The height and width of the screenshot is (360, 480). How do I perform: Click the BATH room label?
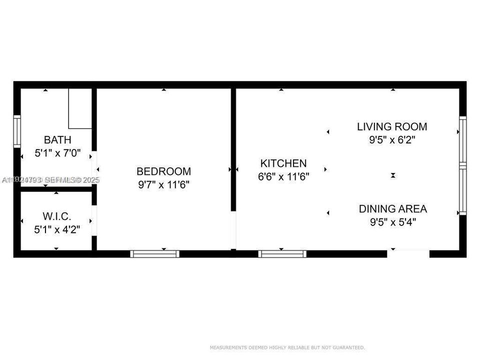[x=57, y=139]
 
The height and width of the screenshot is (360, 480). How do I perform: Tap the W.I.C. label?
[x=57, y=216]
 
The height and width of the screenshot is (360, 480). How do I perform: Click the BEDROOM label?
[x=164, y=171]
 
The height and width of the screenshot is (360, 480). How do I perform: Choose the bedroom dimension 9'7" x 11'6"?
[x=164, y=184]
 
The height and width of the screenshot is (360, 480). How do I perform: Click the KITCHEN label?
[x=283, y=163]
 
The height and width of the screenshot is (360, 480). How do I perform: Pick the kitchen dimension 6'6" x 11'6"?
[x=283, y=176]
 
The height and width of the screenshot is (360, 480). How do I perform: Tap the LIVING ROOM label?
[x=392, y=126]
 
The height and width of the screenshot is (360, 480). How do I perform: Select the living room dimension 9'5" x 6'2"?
[x=392, y=140]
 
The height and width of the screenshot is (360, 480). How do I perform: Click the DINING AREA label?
[x=392, y=209]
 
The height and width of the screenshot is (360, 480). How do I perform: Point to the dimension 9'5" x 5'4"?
[x=392, y=222]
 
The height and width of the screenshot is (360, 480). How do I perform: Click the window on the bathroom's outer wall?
[x=17, y=131]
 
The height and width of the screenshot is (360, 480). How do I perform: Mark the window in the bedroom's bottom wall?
[x=154, y=254]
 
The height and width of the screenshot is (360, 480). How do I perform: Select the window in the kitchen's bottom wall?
[x=282, y=254]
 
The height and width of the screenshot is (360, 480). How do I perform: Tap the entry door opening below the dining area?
[x=408, y=253]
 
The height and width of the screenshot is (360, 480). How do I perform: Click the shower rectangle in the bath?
[x=80, y=108]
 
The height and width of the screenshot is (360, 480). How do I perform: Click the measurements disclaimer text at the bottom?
[x=287, y=347]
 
